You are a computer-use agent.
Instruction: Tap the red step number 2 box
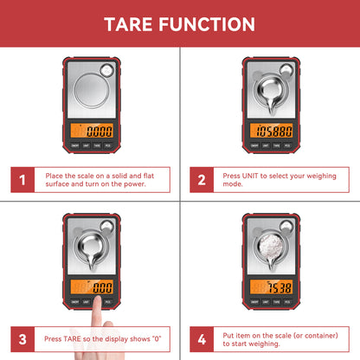(x=201, y=181)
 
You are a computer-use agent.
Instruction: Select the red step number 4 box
(x=201, y=337)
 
